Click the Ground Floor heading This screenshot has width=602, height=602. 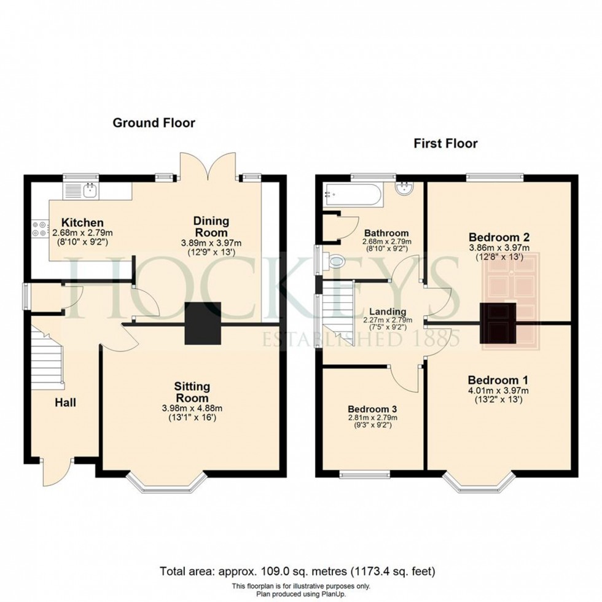(154, 123)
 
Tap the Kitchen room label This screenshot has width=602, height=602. (77, 222)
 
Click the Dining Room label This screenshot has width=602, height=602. (211, 226)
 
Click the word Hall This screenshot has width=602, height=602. (66, 403)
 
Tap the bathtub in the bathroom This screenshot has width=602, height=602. (352, 194)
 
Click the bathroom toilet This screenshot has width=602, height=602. (335, 262)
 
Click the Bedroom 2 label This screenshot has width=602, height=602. (499, 237)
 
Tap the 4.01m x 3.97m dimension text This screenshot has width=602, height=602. (499, 389)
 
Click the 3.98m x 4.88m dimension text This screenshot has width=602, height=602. (192, 408)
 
